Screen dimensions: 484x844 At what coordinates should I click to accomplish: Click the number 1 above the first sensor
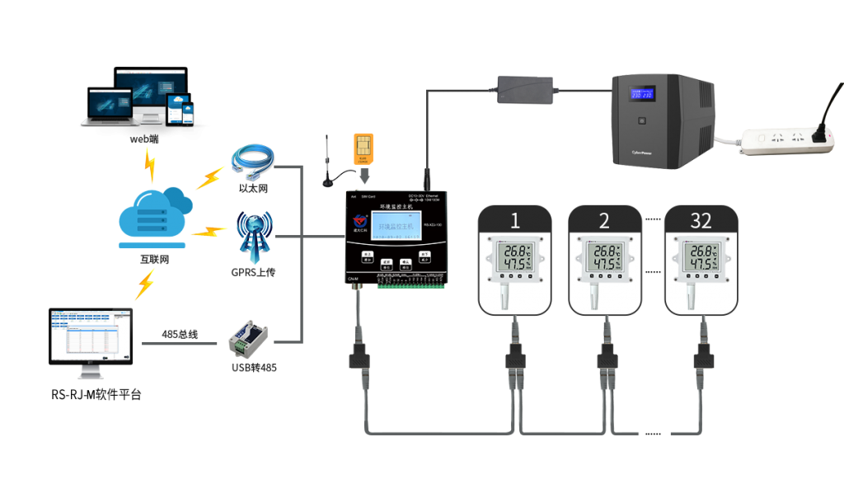[x=515, y=220]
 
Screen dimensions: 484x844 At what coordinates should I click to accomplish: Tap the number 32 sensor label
[x=701, y=220]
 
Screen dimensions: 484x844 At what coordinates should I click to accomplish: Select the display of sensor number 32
[x=701, y=257]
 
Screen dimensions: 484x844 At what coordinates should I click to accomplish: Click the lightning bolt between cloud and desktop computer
[x=145, y=284]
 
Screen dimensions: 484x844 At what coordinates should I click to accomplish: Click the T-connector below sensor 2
[x=607, y=359]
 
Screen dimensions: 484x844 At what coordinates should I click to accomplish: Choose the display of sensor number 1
[x=515, y=257]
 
